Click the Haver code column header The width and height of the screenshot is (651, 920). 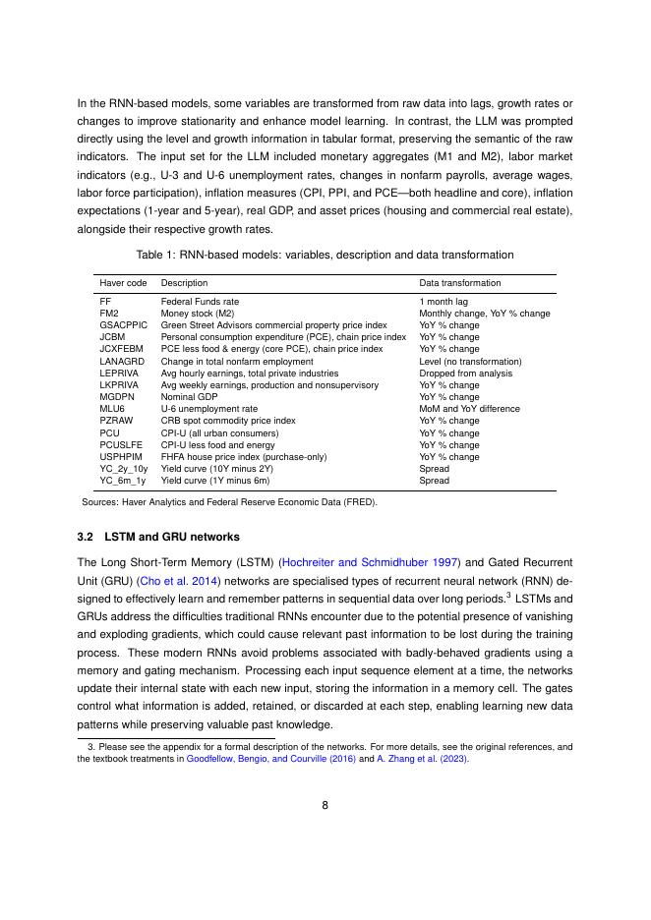123,283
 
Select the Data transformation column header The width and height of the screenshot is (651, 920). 459,283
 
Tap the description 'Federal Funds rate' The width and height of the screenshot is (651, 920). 200,301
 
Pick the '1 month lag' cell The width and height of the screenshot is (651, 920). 443,301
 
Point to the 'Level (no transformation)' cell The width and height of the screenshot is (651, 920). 470,361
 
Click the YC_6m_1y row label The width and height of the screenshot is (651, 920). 123,481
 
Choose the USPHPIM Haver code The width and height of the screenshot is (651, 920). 121,457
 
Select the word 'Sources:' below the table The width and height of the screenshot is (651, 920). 101,501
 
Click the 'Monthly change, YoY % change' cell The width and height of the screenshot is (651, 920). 484,314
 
